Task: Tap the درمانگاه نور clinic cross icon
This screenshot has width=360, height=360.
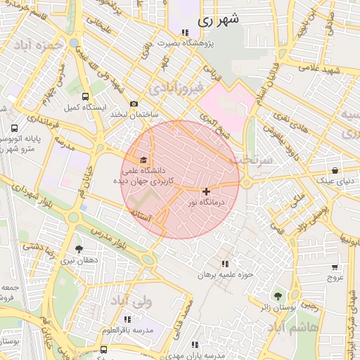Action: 205,191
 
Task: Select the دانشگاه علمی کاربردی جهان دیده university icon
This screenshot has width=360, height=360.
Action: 144,160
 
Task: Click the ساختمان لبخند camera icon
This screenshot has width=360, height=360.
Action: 134,104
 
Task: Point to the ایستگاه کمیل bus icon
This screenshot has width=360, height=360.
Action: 85,97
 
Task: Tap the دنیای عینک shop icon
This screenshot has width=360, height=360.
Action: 335,170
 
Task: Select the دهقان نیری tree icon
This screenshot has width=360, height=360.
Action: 78,249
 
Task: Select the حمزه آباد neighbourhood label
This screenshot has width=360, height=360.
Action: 41,43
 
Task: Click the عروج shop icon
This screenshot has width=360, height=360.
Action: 335,266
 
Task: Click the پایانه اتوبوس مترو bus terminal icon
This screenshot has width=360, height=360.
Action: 15,129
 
